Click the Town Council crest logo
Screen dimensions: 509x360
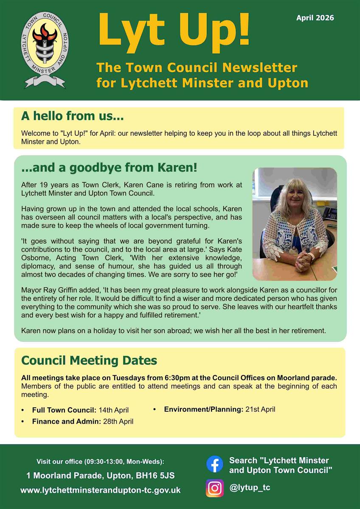click(44, 49)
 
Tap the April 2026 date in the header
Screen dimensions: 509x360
click(315, 18)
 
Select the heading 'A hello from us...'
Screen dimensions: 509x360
click(72, 116)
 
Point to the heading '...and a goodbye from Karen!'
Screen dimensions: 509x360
click(109, 168)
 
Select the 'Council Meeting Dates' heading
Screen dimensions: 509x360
click(89, 361)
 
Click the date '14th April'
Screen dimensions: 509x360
click(114, 410)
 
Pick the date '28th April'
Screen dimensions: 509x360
click(118, 422)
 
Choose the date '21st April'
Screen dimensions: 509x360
click(260, 409)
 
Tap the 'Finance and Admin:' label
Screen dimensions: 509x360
click(67, 422)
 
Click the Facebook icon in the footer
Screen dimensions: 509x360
click(215, 464)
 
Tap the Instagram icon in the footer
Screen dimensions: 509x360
click(215, 488)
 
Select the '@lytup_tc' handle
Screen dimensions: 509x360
click(250, 487)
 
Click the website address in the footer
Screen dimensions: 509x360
click(101, 490)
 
